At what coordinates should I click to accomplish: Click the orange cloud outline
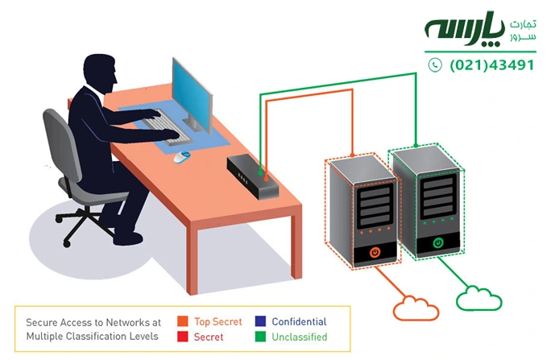pyautogui.click(x=416, y=308)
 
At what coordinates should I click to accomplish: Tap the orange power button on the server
pyautogui.click(x=375, y=253)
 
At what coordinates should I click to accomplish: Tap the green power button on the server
pyautogui.click(x=438, y=242)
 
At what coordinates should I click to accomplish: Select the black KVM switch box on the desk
pyautogui.click(x=253, y=175)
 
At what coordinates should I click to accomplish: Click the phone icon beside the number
pyautogui.click(x=435, y=65)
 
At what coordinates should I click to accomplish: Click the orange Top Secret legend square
pyautogui.click(x=182, y=321)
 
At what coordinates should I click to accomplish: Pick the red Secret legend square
pyautogui.click(x=182, y=337)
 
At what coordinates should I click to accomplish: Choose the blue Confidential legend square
pyautogui.click(x=259, y=321)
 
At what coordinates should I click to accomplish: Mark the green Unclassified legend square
pyautogui.click(x=259, y=337)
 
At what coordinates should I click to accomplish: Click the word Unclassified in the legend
pyautogui.click(x=299, y=337)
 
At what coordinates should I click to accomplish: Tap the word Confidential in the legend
pyautogui.click(x=299, y=321)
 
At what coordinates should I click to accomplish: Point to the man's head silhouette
pyautogui.click(x=101, y=74)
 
